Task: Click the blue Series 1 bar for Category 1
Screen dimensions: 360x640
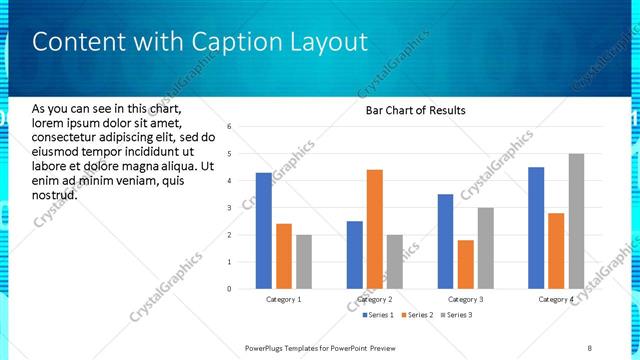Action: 264,231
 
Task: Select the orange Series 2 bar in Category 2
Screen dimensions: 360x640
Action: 375,229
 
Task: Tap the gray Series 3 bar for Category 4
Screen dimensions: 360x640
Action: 576,221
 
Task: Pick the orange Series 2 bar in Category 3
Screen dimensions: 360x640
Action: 465,264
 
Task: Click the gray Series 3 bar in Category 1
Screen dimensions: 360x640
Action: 304,262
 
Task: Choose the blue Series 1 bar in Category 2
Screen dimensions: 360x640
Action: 355,255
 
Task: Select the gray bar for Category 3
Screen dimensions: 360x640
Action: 485,248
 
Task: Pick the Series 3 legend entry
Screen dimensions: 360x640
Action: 456,315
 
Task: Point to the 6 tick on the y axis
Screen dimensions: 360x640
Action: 229,127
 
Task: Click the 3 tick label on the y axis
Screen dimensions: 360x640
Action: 229,208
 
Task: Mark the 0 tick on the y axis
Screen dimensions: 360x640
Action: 229,289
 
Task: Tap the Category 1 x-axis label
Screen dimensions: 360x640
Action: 284,299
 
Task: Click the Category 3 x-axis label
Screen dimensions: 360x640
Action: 465,299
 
